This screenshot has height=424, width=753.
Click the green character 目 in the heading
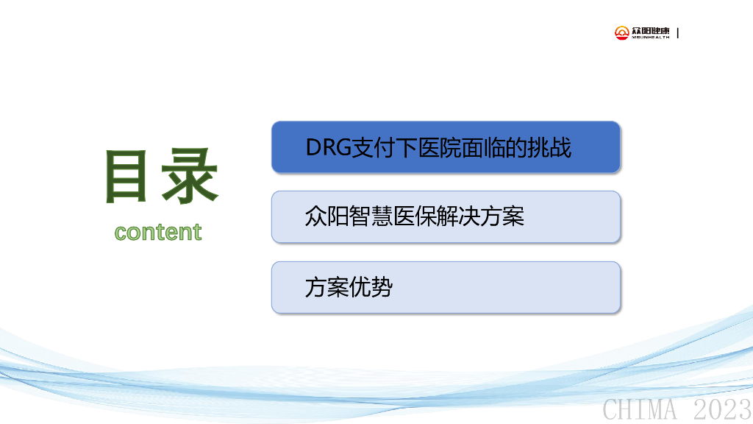point(126,176)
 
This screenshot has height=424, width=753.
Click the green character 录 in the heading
point(190,176)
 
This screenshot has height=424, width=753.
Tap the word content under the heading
point(158,232)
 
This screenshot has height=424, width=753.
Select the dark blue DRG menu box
point(446,147)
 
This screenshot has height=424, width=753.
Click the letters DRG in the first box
point(329,147)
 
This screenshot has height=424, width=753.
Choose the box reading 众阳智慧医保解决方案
point(446,217)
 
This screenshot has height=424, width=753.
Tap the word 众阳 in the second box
point(326,216)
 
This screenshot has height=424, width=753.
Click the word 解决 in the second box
point(459,216)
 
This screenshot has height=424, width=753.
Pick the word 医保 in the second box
point(415,216)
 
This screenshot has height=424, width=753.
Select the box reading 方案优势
point(446,288)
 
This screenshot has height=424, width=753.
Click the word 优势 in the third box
point(371,287)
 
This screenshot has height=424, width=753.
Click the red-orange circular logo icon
point(622,32)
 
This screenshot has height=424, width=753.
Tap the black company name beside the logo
point(650,32)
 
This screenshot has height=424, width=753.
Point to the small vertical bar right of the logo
point(677,32)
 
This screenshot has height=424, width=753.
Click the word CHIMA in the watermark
point(640,409)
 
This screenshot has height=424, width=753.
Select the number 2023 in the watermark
point(723,409)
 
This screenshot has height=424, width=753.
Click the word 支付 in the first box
point(374,147)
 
